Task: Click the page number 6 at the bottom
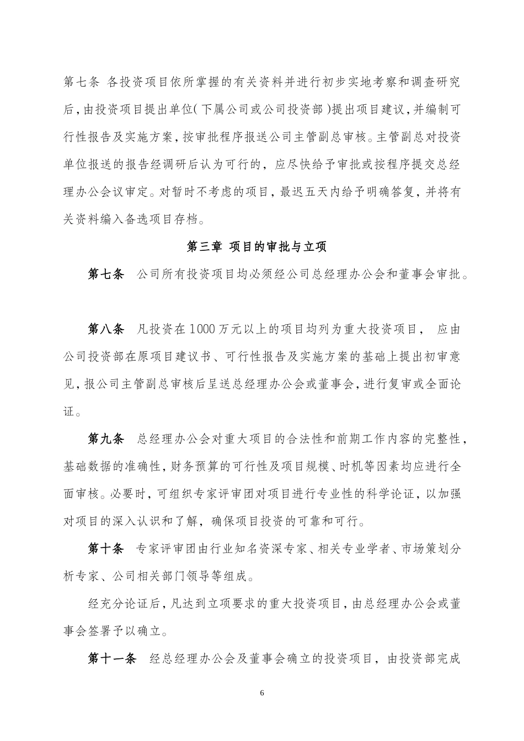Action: click(x=262, y=692)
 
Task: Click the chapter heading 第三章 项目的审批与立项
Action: click(x=257, y=246)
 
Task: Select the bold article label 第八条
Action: click(x=106, y=329)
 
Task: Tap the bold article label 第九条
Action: click(x=106, y=438)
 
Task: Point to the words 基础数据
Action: click(x=89, y=466)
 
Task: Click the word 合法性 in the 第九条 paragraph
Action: click(x=306, y=439)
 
